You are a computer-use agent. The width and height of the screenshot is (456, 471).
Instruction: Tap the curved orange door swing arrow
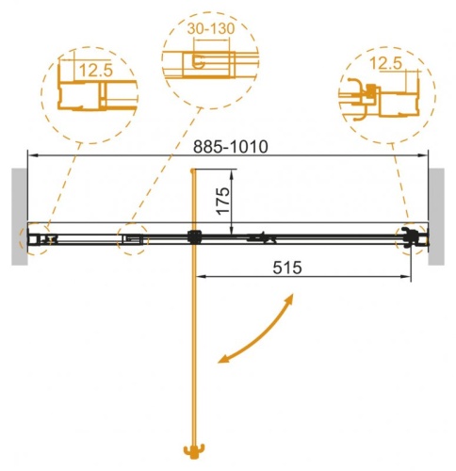(x=263, y=333)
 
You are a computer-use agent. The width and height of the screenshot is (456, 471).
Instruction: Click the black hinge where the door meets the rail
(x=194, y=237)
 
